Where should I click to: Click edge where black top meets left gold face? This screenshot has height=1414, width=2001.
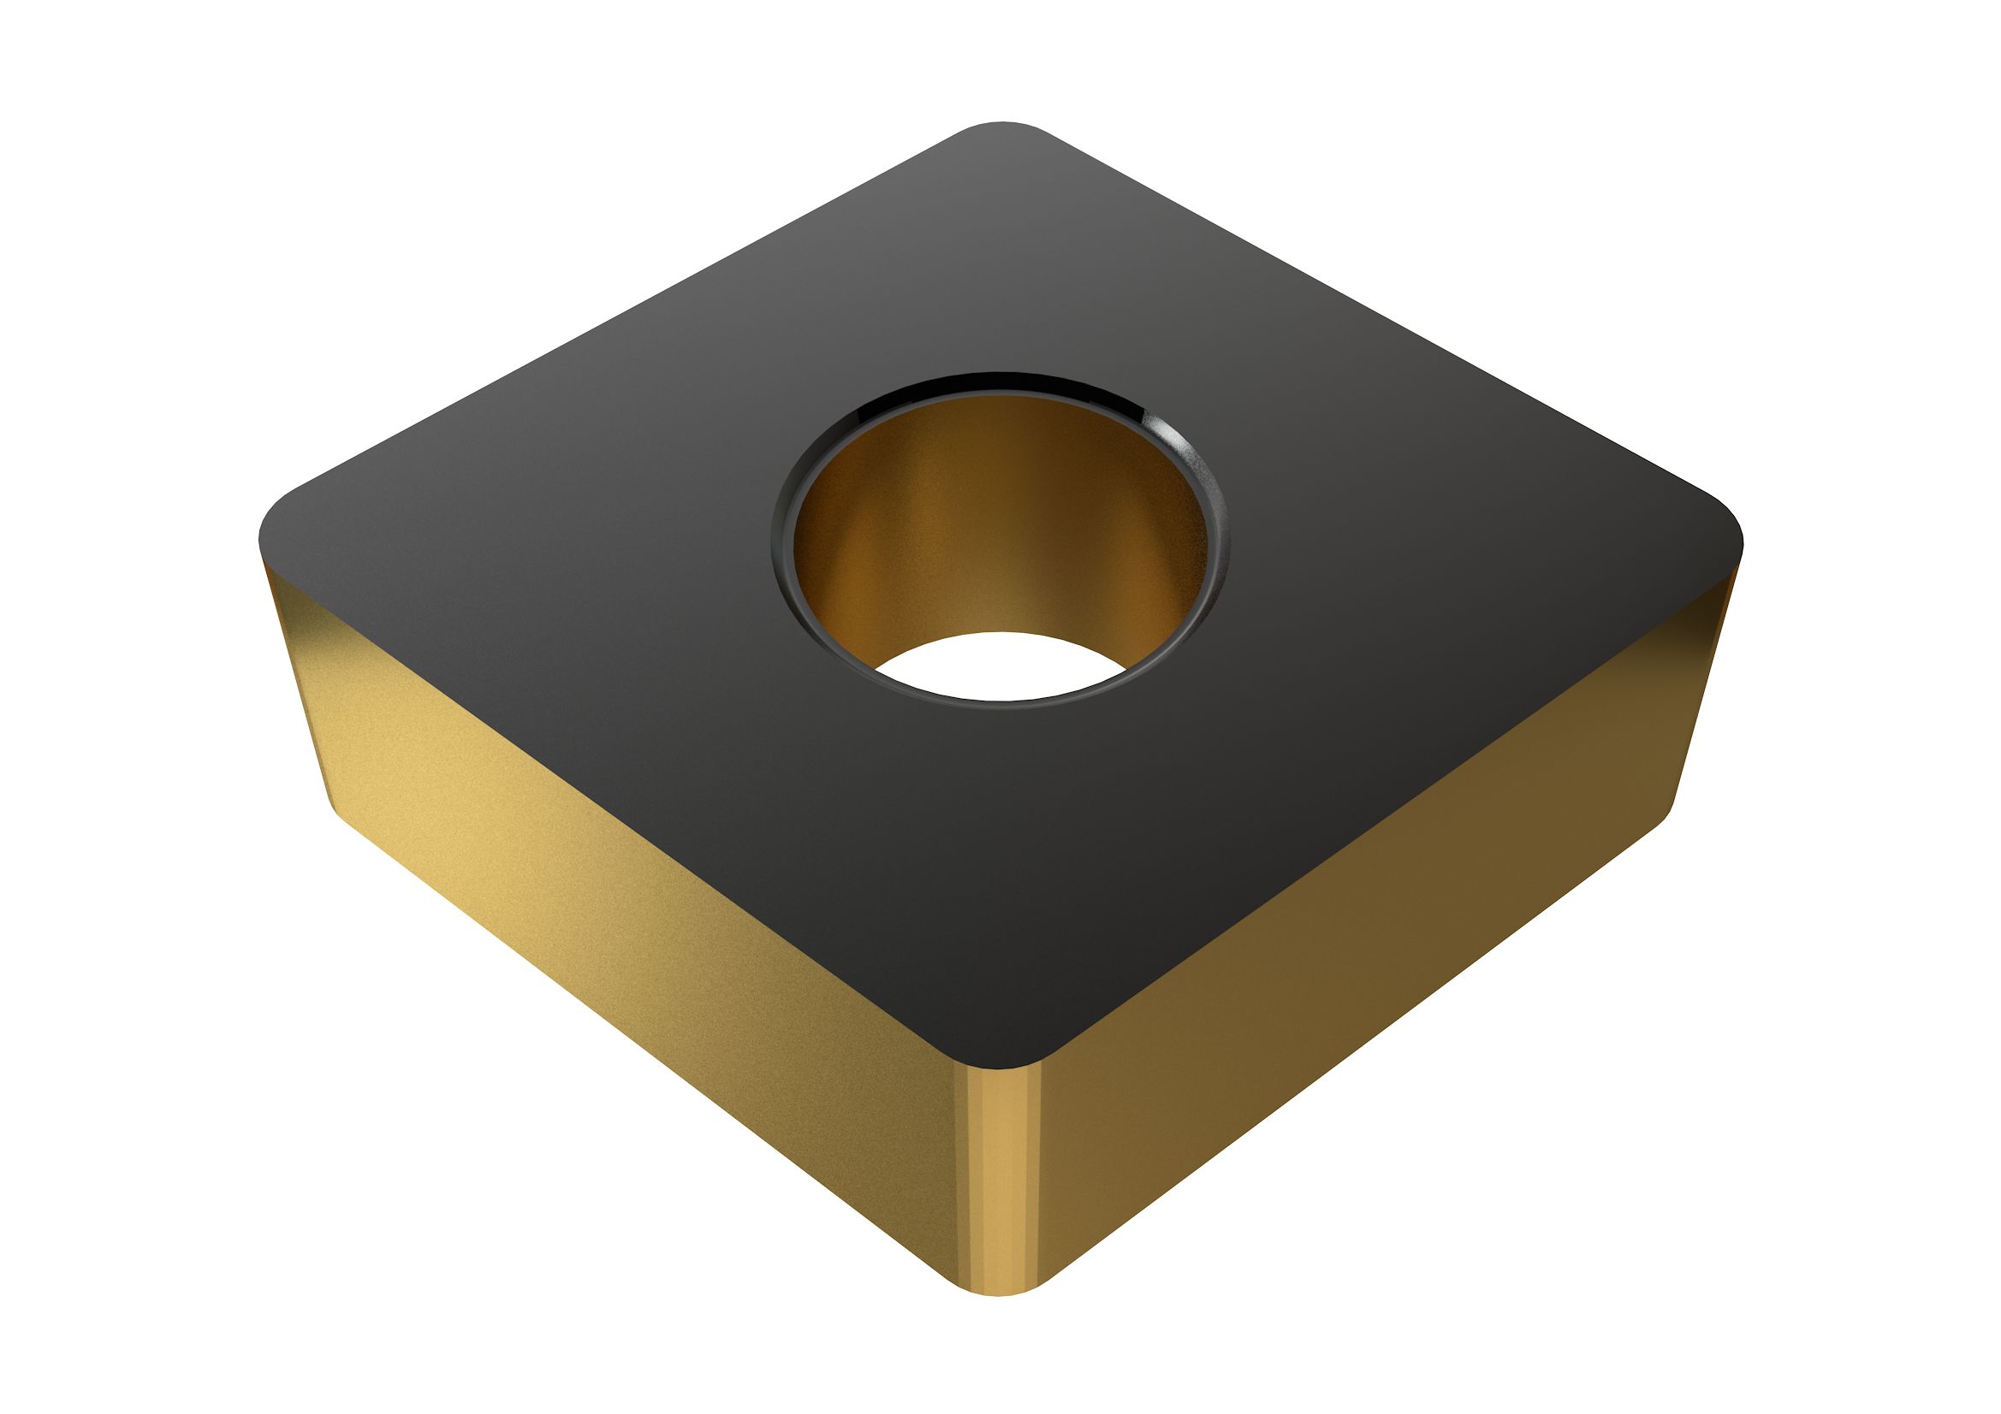tap(610, 784)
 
